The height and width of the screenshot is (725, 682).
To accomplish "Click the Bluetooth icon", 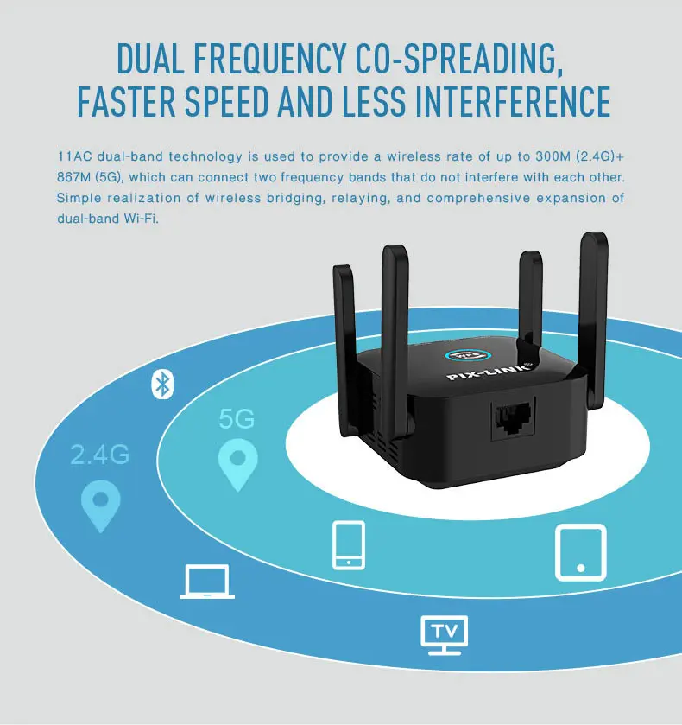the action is click(x=162, y=384).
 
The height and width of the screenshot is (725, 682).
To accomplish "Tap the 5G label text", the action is click(x=237, y=420).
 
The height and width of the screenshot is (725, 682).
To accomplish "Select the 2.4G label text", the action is click(x=100, y=455).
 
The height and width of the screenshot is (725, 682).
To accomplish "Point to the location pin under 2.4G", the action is click(x=100, y=505).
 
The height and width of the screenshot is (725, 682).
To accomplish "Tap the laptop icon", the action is click(x=206, y=582).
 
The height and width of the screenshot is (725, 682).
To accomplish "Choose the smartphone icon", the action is click(x=349, y=544).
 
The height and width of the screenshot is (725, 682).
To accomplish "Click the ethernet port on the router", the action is click(x=511, y=421).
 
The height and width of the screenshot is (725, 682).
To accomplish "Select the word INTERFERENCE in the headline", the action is click(x=514, y=100).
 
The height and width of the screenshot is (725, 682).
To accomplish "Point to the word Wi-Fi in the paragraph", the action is click(x=143, y=219).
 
